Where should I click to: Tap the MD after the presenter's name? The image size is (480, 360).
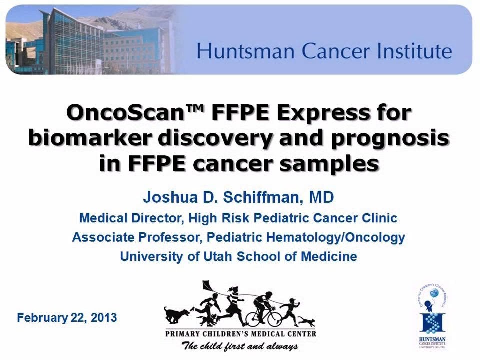(x=321, y=197)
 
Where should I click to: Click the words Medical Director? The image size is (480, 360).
(x=127, y=218)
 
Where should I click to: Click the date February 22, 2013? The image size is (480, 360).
(x=67, y=317)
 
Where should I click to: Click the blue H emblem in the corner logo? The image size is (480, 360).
(x=433, y=322)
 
